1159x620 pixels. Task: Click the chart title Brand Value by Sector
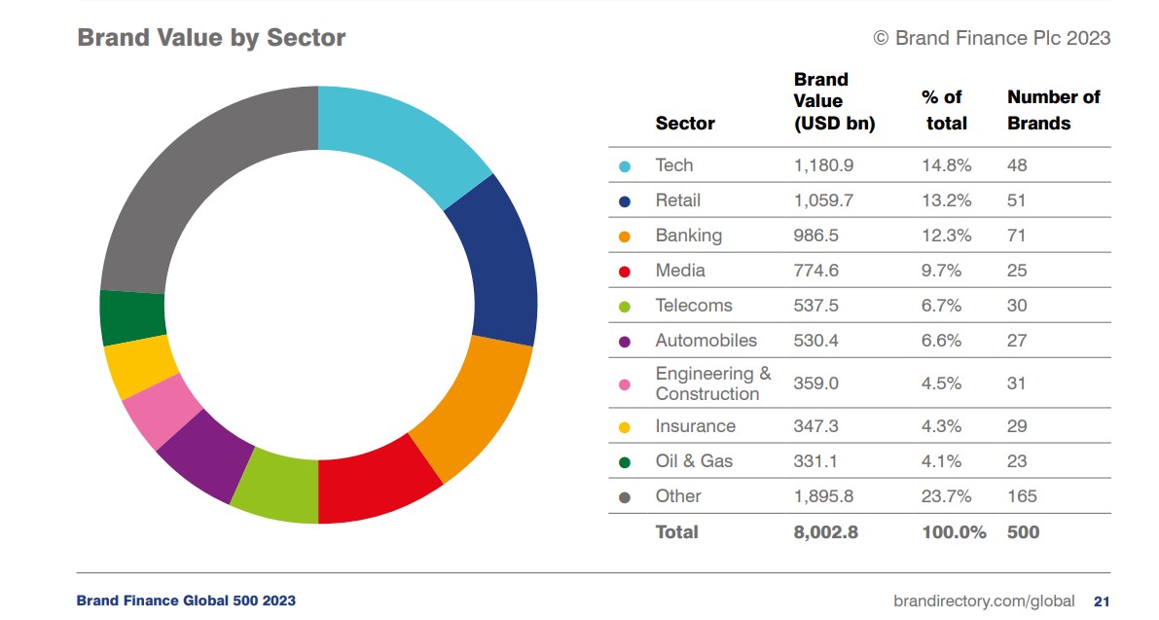pos(211,38)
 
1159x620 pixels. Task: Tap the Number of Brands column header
pos(1053,110)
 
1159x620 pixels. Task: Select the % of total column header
pos(944,110)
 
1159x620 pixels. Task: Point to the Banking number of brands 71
pos(1017,236)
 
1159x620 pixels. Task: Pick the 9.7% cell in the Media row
pos(941,271)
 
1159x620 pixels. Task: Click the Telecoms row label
pos(693,306)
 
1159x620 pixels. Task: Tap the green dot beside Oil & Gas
pos(625,462)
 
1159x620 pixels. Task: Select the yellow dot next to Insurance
pos(625,427)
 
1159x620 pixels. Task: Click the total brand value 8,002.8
pos(826,532)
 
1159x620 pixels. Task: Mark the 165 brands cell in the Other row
pos(1022,496)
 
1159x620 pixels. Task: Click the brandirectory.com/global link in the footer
pos(984,601)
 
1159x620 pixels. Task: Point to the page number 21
pos(1102,601)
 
